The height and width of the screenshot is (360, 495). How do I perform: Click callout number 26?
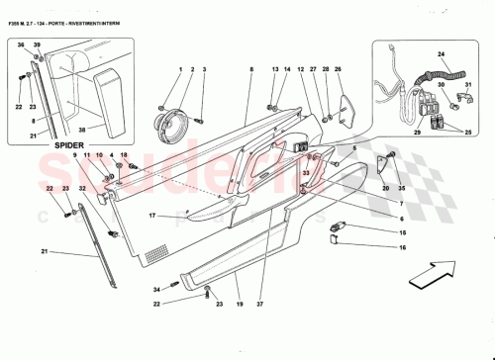[x=338, y=70]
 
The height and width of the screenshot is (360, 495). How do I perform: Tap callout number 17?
[x=153, y=216]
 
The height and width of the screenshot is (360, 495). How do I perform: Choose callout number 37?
[x=261, y=302]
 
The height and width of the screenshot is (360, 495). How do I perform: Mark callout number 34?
[x=157, y=290]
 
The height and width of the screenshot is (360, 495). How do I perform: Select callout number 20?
[x=384, y=187]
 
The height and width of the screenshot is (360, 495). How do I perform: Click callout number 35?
[x=402, y=187]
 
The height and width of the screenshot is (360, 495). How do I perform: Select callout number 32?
[x=82, y=187]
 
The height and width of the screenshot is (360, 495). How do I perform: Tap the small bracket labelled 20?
[x=381, y=164]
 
